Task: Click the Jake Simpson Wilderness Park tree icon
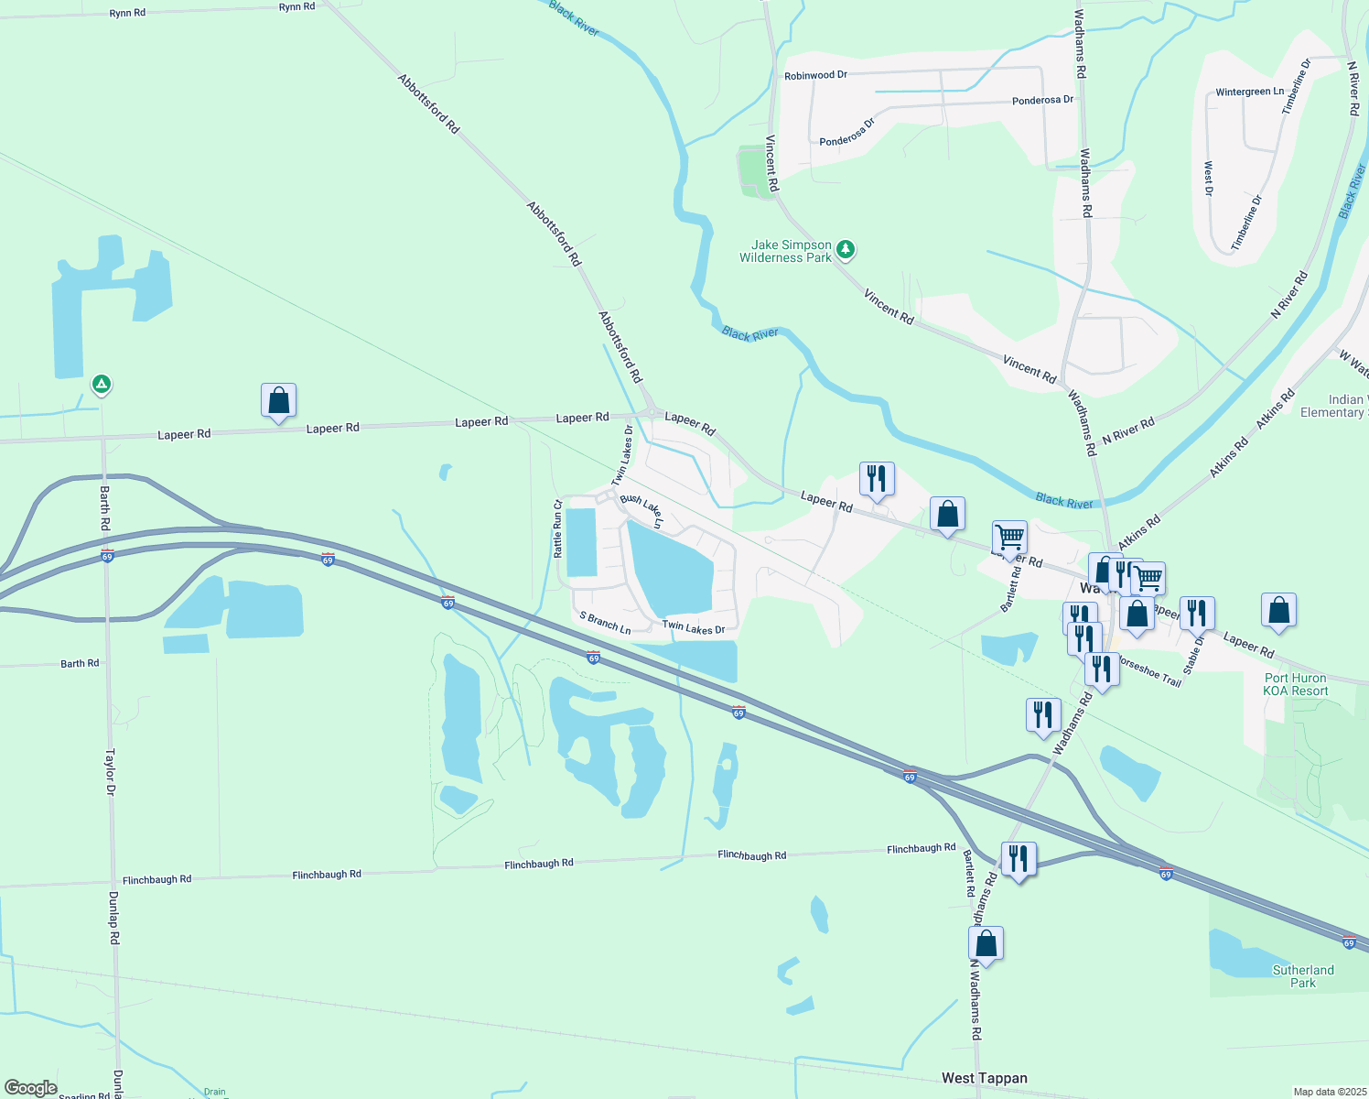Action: [x=846, y=248]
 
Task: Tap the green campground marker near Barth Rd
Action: [x=102, y=385]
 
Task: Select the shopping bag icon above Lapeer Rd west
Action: [x=278, y=401]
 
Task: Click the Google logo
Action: [x=31, y=1087]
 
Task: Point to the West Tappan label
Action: [x=984, y=1078]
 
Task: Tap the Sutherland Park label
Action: [x=1303, y=976]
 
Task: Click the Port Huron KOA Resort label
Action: [x=1296, y=685]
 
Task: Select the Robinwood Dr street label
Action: [x=815, y=75]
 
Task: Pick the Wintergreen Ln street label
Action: [x=1249, y=92]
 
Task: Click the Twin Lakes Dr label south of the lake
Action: [x=693, y=628]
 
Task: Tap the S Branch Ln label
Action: [x=605, y=623]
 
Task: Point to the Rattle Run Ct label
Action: [x=557, y=528]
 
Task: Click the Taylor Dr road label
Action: [x=110, y=771]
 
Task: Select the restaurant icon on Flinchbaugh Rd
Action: [x=1018, y=860]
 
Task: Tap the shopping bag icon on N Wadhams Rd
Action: [x=986, y=943]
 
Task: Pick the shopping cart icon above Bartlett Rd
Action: [x=1009, y=538]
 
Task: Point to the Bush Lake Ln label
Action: [x=641, y=511]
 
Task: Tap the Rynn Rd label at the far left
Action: [x=127, y=13]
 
